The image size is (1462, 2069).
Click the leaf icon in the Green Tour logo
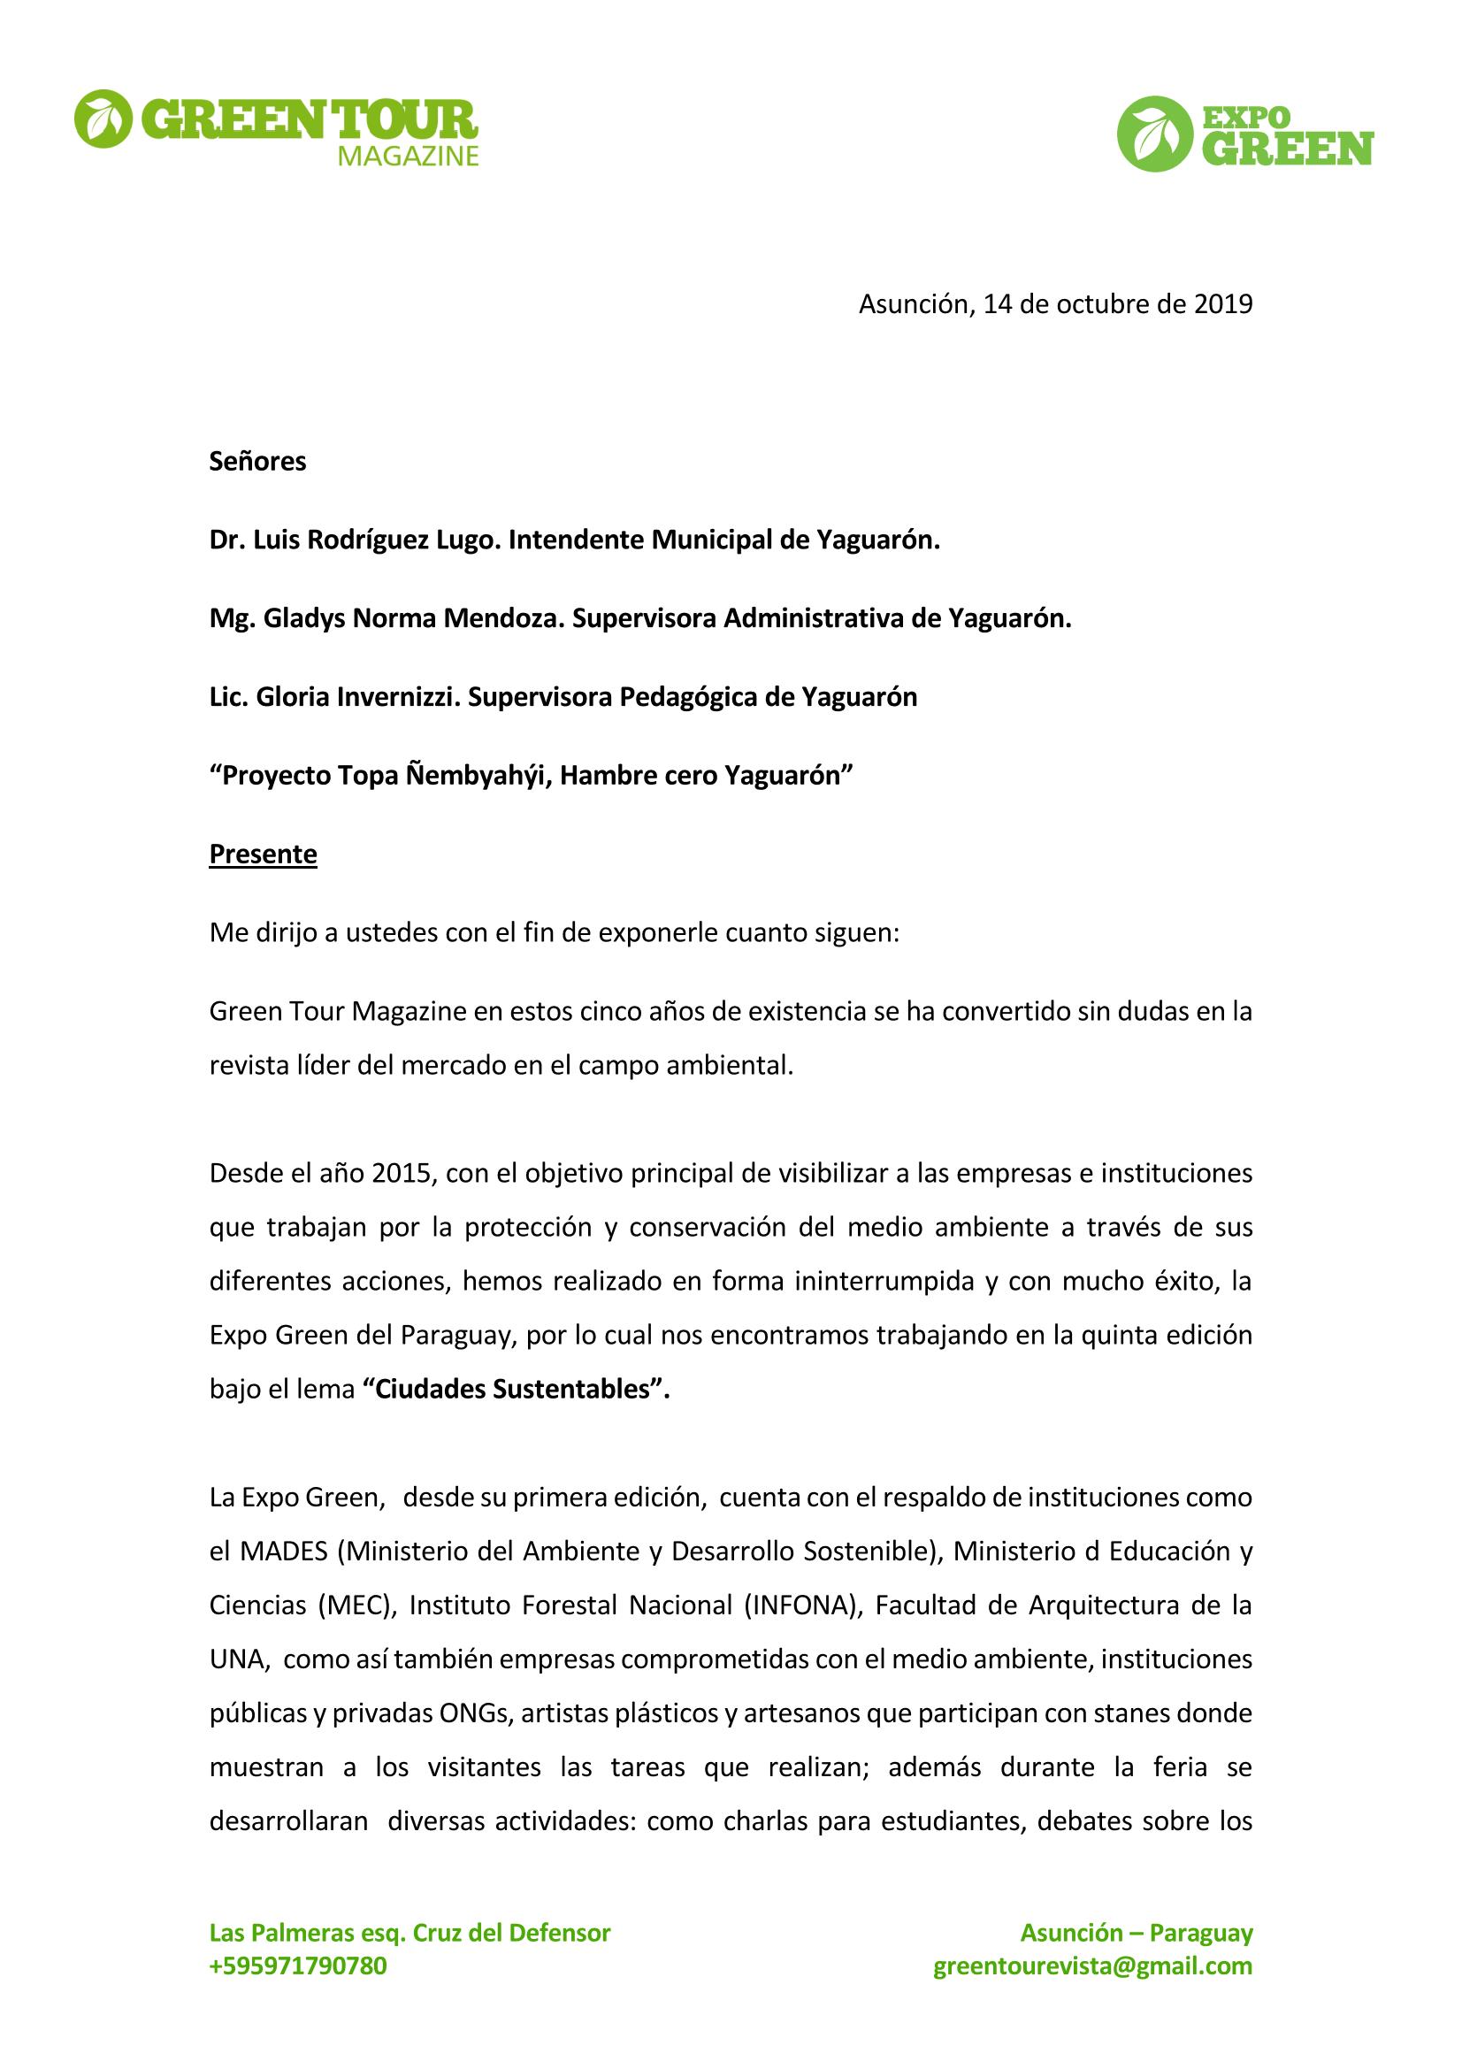pyautogui.click(x=102, y=118)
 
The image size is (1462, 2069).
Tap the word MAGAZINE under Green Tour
pyautogui.click(x=407, y=157)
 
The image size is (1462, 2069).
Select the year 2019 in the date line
pyautogui.click(x=1222, y=304)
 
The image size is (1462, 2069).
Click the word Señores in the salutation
pyautogui.click(x=257, y=462)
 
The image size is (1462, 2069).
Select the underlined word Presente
pyautogui.click(x=263, y=854)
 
